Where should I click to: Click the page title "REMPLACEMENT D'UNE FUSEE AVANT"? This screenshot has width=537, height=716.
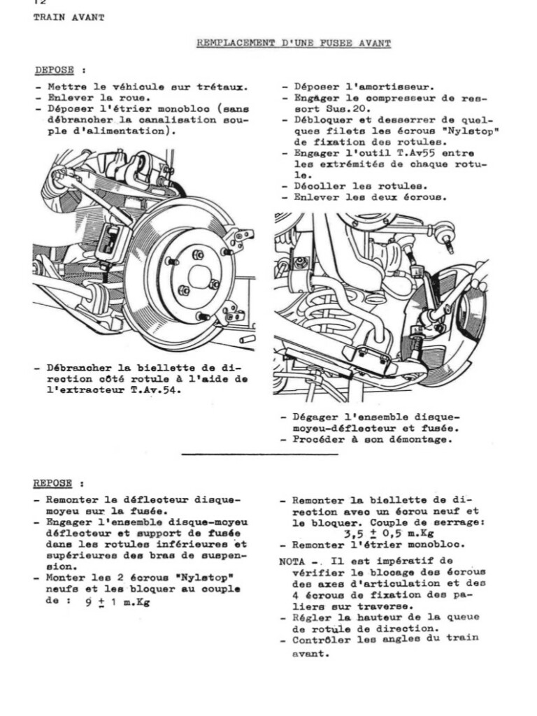(x=294, y=43)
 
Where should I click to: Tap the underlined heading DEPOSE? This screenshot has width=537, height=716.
(x=55, y=71)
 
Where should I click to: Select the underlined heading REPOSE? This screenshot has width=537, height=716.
(x=52, y=483)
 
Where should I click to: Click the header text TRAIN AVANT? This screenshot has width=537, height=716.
(x=69, y=17)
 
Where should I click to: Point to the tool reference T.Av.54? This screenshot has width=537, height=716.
(x=153, y=390)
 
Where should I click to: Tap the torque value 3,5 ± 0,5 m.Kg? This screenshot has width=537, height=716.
(x=388, y=534)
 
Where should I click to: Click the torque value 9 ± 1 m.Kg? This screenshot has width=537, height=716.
(x=117, y=602)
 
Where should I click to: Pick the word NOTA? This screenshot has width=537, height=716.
(x=292, y=561)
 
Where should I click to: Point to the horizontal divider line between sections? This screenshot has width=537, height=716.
(x=259, y=454)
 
